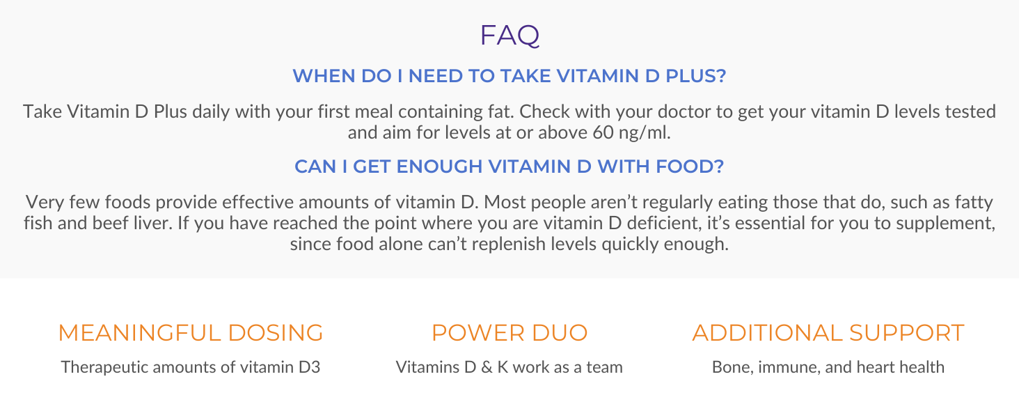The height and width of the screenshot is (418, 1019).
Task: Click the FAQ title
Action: (509, 36)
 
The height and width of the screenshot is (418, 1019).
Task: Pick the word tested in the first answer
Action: (970, 112)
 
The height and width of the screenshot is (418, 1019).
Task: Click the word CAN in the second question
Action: (312, 167)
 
